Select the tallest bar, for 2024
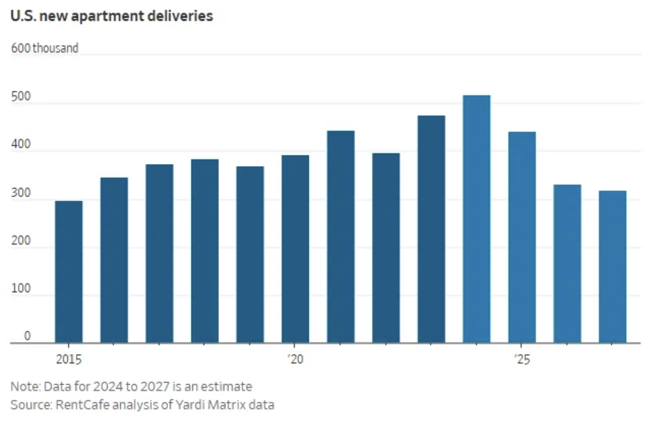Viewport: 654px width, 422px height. [477, 219]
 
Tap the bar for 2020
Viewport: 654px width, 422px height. [295, 249]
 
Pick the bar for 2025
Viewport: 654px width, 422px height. [522, 237]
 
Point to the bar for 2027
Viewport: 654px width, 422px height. [612, 267]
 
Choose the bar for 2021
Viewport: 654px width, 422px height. [340, 237]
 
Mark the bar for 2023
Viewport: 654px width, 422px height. [431, 229]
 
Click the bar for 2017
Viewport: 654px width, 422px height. [159, 253]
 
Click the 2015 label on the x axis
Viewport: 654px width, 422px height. [68, 360]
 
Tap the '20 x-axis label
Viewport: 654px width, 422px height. [294, 360]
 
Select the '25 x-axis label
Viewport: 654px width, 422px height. [521, 360]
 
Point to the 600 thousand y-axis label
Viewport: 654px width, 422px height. [44, 48]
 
